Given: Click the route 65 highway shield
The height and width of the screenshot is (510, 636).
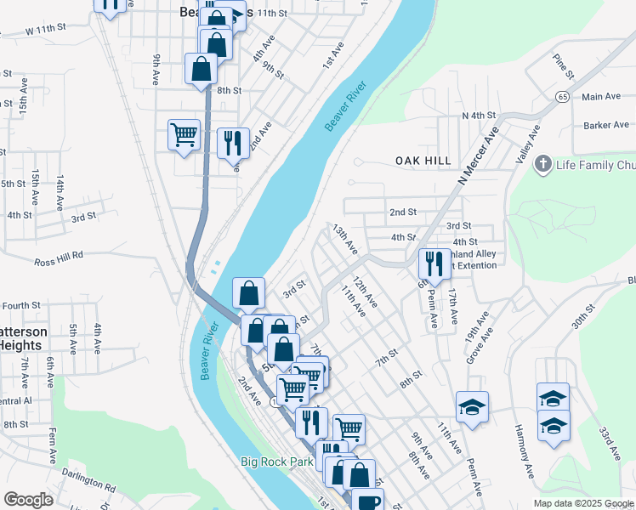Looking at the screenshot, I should click(563, 96).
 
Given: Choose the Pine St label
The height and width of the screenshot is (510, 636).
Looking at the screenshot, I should click(560, 63).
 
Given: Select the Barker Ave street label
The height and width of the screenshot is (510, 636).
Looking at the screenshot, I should click(606, 125).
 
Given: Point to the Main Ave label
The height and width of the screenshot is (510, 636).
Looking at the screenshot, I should click(602, 97).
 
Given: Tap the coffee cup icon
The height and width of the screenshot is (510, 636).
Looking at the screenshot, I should click(368, 501).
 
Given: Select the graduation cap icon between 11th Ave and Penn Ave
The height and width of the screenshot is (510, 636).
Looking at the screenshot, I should click(472, 407).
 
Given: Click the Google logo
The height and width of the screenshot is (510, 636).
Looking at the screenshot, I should click(28, 500).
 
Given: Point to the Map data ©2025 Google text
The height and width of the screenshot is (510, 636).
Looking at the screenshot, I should click(583, 503).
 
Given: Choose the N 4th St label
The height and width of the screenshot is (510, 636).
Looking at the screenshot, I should click(479, 115).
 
